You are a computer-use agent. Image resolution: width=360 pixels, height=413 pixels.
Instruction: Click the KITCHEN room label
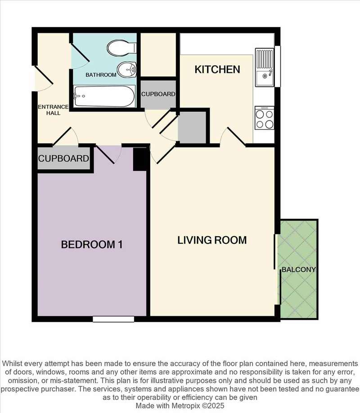pos(217,70)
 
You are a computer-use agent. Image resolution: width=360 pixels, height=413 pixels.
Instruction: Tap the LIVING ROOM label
pos(212,240)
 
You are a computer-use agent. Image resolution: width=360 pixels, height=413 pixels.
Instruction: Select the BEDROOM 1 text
pos(92,245)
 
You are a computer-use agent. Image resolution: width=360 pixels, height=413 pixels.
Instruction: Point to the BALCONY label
pos(299,269)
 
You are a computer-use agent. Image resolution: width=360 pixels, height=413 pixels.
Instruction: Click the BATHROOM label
pos(101,75)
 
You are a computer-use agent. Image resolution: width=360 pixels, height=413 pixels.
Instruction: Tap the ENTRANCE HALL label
pos(53,110)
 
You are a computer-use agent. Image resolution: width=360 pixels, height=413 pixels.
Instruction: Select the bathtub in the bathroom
pos(104,96)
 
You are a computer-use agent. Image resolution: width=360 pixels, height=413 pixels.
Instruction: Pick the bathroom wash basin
pos(127,70)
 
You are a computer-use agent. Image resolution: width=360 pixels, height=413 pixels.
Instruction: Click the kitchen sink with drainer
pos(264,67)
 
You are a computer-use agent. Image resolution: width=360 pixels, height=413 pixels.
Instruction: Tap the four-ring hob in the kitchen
pos(264,118)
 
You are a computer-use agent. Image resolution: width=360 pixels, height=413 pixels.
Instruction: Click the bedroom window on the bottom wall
pos(113,319)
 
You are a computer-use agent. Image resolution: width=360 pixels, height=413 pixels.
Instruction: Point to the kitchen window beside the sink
pos(277,66)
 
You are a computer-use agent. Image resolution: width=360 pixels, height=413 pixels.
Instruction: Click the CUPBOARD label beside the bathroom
pos(158,94)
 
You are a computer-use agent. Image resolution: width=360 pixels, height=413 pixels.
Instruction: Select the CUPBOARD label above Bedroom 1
pos(63,158)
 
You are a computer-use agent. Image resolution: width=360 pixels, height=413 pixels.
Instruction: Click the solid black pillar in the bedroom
pos(139,159)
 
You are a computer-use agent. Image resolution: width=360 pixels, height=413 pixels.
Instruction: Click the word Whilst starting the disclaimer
pos(12,364)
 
